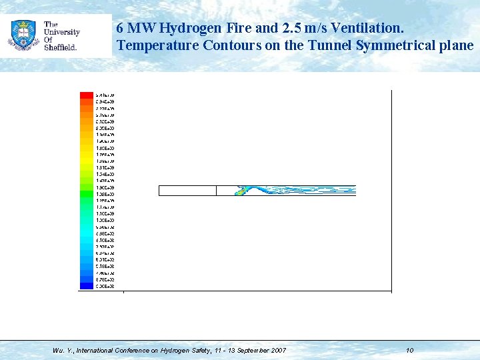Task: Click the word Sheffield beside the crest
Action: click(x=61, y=48)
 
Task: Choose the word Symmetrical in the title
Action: click(x=399, y=46)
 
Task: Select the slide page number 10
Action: click(x=409, y=350)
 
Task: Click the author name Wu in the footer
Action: click(x=58, y=350)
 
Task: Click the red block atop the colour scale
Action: click(x=86, y=95)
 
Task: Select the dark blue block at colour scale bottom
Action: click(x=86, y=286)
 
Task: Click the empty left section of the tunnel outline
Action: click(x=187, y=191)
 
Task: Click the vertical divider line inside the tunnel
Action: click(x=217, y=191)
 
